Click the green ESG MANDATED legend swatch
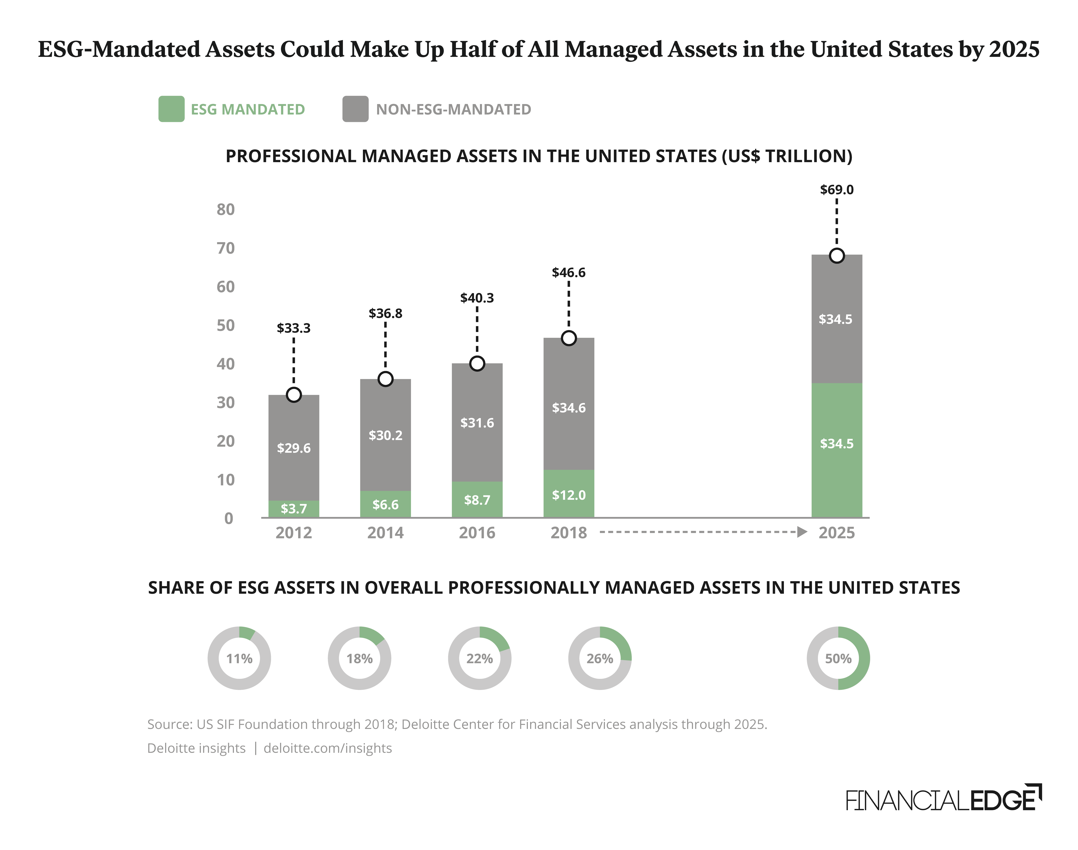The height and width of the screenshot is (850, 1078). (x=171, y=109)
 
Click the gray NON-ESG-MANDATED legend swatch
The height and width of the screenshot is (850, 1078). (x=355, y=109)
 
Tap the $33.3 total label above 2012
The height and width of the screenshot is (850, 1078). (x=294, y=328)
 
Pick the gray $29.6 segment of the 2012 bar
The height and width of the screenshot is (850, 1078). (x=294, y=448)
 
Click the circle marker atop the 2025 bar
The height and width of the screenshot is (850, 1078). (x=837, y=256)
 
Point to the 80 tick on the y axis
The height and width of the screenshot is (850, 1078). (x=225, y=210)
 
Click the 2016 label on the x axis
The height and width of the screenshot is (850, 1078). (x=477, y=533)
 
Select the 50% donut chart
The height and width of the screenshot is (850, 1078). (x=838, y=658)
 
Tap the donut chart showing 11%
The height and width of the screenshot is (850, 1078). (x=239, y=658)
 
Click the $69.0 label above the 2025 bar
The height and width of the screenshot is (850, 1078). (x=837, y=190)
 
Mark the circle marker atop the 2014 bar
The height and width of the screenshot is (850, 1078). (x=385, y=379)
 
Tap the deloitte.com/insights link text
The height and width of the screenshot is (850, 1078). (x=327, y=748)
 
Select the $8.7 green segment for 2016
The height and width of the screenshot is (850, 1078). (x=477, y=500)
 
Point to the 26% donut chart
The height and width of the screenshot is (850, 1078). (x=600, y=658)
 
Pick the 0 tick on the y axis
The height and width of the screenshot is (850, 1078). (x=228, y=519)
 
